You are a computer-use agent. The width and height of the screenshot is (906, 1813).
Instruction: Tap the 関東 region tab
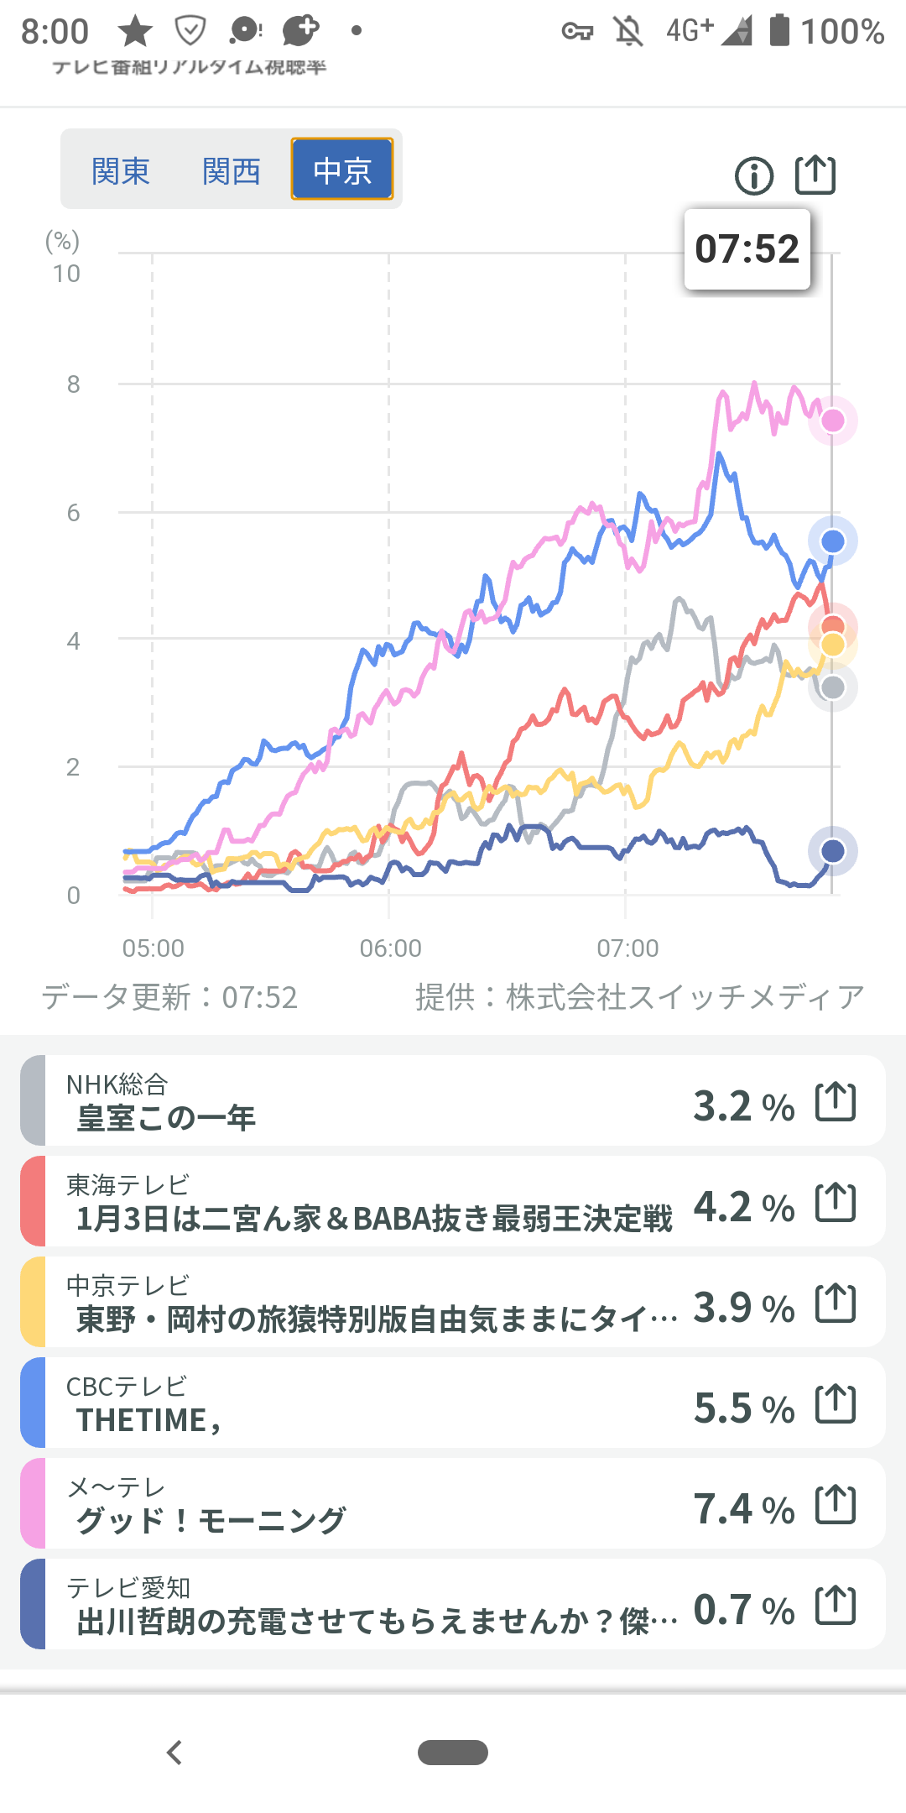(x=121, y=170)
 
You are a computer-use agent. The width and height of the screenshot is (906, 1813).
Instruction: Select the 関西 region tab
(x=232, y=170)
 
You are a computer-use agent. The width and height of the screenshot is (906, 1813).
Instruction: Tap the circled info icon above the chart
(x=754, y=176)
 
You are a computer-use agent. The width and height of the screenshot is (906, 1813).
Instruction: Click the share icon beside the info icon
(x=815, y=175)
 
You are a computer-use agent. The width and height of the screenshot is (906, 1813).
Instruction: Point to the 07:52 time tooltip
(x=747, y=249)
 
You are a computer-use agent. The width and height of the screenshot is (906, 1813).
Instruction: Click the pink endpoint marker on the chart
(x=832, y=420)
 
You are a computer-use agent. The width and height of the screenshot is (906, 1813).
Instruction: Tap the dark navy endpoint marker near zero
(x=832, y=851)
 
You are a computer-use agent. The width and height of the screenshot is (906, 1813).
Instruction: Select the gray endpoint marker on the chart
(x=832, y=687)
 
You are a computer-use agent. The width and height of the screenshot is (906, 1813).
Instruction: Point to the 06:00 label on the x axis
(x=390, y=948)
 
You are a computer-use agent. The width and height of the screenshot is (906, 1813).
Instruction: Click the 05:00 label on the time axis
(x=153, y=948)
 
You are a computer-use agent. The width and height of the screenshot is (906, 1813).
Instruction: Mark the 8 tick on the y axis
(x=74, y=384)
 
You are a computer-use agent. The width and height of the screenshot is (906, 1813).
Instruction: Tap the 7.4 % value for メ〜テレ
(x=743, y=1509)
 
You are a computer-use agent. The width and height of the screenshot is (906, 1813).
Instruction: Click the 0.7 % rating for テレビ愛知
(x=743, y=1610)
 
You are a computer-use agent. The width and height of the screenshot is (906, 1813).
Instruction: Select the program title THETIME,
(x=148, y=1420)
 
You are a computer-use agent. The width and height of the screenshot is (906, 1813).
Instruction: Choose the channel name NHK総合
(x=117, y=1084)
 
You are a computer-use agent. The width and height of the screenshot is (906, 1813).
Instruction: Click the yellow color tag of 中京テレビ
(x=33, y=1302)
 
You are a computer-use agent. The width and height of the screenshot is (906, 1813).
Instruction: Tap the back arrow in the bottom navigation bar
(x=174, y=1753)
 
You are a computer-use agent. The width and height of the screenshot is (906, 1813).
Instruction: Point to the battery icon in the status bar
(x=779, y=30)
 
